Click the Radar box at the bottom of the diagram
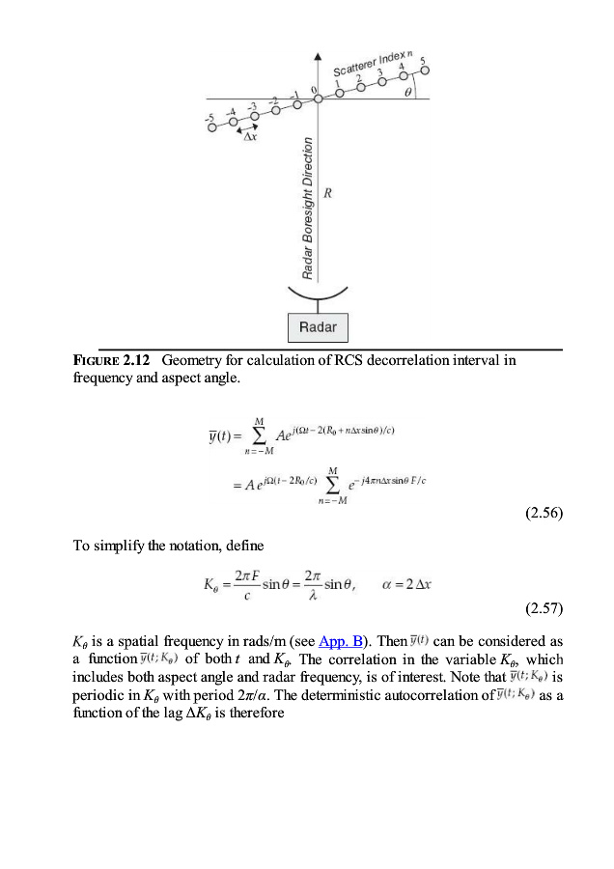pyautogui.click(x=318, y=327)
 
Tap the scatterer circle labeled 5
pyautogui.click(x=426, y=71)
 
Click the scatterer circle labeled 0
pyautogui.click(x=319, y=99)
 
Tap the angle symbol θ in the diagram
pyautogui.click(x=407, y=93)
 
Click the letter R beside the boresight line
pyautogui.click(x=328, y=193)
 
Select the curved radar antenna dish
pyautogui.click(x=318, y=295)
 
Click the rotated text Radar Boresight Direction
pyautogui.click(x=308, y=209)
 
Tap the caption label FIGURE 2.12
pyautogui.click(x=110, y=360)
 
